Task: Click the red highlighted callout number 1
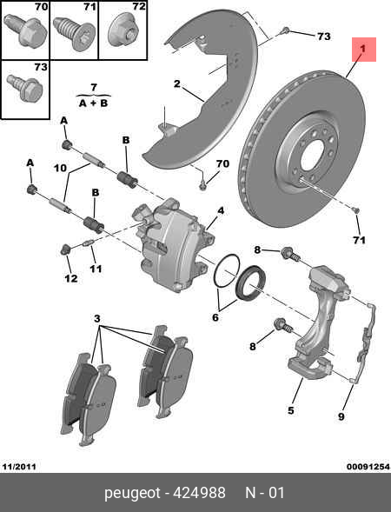363,51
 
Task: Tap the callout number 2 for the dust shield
176,84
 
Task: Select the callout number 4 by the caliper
221,211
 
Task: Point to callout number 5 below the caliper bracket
292,411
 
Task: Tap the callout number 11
96,269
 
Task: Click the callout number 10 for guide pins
60,168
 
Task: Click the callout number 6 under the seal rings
216,318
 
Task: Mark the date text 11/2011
19,467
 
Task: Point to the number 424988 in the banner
202,493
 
